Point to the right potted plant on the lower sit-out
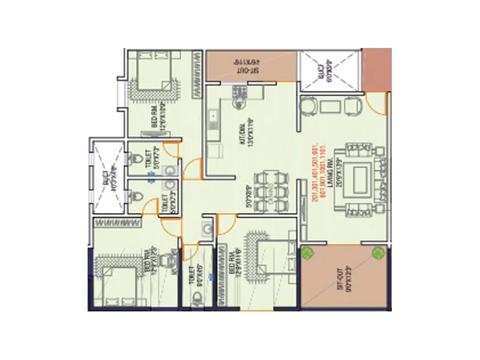pyautogui.click(x=378, y=253)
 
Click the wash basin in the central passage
pyautogui.click(x=206, y=228)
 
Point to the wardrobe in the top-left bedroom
pyautogui.click(x=196, y=76)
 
